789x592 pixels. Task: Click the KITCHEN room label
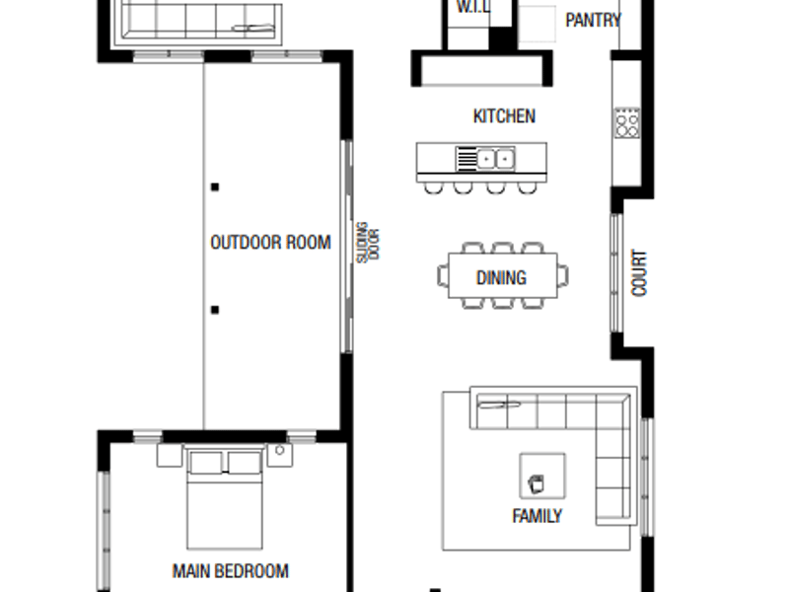tap(504, 116)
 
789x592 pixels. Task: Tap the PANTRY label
tap(594, 20)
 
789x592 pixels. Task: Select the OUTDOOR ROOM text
tap(270, 243)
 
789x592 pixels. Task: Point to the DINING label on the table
tap(501, 277)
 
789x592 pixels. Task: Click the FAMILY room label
tap(537, 516)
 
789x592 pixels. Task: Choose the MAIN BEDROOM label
tap(231, 571)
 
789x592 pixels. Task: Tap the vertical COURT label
tap(638, 273)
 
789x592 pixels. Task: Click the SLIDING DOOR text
tap(368, 243)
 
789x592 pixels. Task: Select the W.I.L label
tap(472, 7)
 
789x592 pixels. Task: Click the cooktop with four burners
tap(626, 122)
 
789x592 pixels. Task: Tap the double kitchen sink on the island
tap(485, 159)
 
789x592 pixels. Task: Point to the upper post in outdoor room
tap(215, 187)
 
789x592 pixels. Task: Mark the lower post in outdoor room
tap(215, 310)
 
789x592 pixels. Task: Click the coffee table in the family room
tap(541, 477)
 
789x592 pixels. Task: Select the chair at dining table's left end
tap(443, 276)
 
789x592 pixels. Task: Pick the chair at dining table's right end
tap(563, 276)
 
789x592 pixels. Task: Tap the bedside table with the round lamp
tap(280, 455)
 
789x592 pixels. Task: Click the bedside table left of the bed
tap(170, 455)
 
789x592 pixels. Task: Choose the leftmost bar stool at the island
tap(434, 187)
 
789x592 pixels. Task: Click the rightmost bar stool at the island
tap(527, 187)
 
